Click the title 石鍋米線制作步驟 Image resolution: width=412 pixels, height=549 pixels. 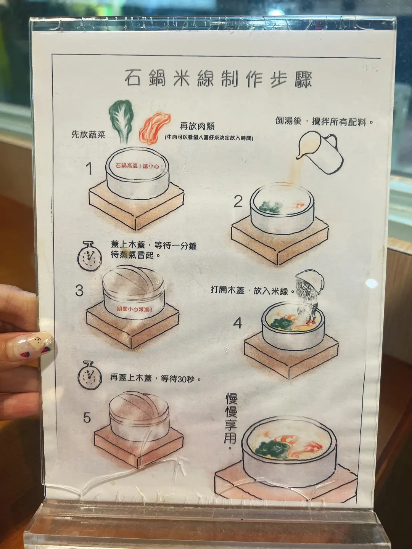click(218, 79)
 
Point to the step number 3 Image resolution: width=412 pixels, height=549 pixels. click(79, 291)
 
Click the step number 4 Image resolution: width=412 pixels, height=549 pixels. click(238, 323)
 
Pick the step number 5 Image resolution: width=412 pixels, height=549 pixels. click(87, 417)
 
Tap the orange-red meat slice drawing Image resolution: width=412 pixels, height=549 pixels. click(154, 128)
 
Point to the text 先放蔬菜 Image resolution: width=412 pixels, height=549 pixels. click(88, 135)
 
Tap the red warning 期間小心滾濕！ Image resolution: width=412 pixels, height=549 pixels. click(135, 309)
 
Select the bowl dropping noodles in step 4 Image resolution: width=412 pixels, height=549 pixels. click(309, 281)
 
